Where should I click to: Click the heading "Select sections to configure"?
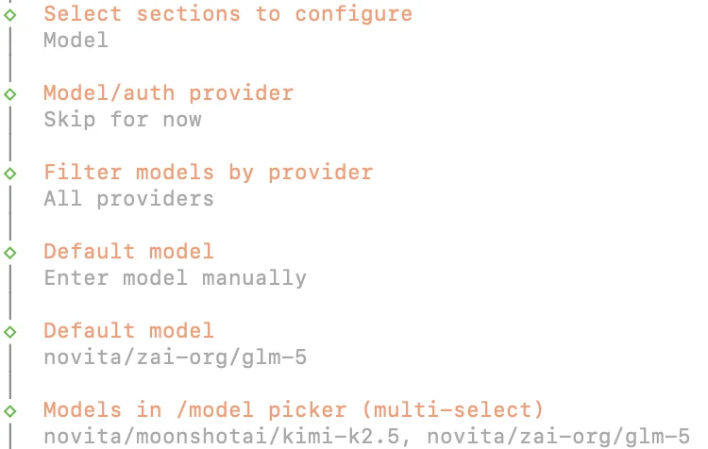[228, 14]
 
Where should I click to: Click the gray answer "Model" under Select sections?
[76, 41]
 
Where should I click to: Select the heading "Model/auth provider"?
[169, 94]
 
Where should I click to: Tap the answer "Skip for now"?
[123, 120]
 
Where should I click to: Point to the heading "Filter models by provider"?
[209, 173]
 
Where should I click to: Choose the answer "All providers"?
[128, 199]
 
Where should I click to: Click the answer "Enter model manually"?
[176, 278]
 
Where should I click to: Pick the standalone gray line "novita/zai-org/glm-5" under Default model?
[176, 358]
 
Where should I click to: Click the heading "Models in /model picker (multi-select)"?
[294, 410]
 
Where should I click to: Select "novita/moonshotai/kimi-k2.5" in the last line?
[222, 437]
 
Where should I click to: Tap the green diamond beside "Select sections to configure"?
[10, 15]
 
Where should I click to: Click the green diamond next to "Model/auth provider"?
[10, 94]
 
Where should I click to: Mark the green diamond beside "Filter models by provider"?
[10, 174]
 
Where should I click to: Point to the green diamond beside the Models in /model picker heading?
[10, 411]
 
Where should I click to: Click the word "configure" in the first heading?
[354, 15]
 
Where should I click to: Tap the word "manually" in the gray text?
[254, 279]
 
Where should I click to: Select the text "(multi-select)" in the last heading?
[452, 410]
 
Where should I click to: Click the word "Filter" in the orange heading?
[83, 173]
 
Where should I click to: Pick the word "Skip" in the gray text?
[70, 121]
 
